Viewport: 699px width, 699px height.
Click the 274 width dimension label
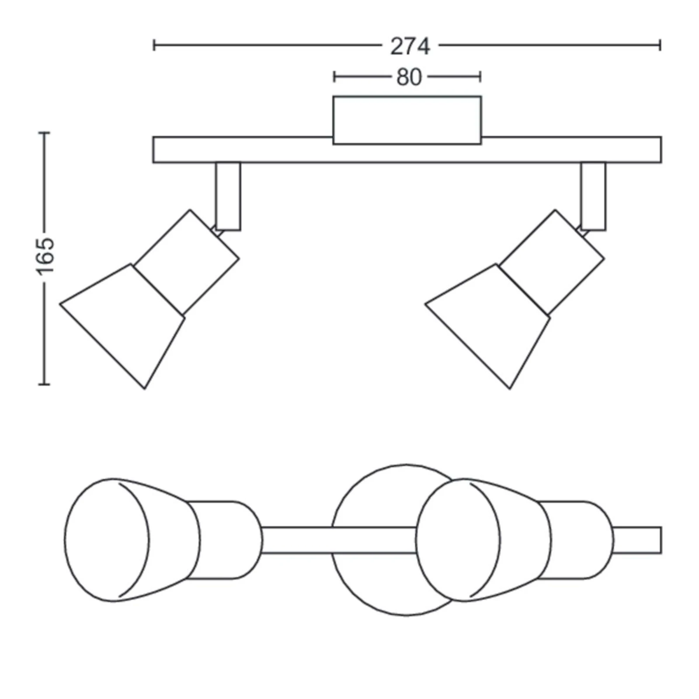[410, 46]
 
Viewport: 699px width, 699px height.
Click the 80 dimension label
[409, 77]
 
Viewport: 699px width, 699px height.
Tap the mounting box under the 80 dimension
[407, 120]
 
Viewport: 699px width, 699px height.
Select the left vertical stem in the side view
[228, 196]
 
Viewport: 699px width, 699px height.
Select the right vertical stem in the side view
[593, 196]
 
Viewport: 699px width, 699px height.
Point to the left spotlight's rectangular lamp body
[187, 262]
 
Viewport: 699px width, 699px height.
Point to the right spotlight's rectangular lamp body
[552, 262]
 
